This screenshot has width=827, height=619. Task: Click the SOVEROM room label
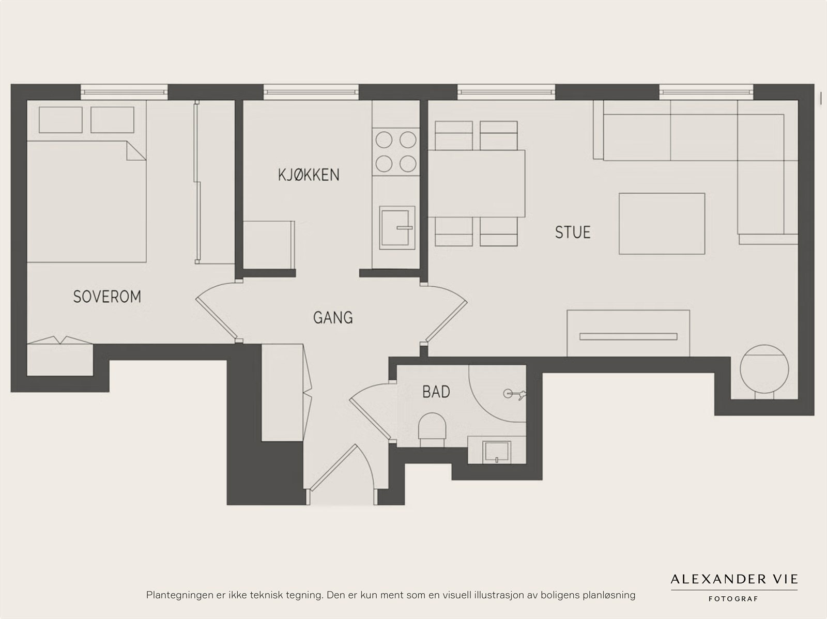pos(107,297)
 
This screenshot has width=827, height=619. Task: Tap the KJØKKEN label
pos(309,175)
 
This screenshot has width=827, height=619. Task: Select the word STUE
pos(572,233)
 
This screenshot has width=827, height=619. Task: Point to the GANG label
pos(333,317)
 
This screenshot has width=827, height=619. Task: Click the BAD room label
pos(436,392)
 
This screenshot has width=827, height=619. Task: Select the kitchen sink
pos(397,227)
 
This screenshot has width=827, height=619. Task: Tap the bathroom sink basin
pos(497,452)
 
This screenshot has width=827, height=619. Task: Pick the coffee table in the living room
pos(662,224)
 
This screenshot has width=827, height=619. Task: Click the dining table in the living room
pos(477,183)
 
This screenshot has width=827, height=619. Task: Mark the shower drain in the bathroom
pos(508,394)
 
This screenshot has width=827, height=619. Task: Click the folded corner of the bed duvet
pos(136,151)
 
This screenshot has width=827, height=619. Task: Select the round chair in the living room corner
pos(764,369)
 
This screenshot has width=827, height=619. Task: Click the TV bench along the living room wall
pos(628,333)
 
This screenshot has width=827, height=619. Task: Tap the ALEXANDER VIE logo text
pos(734,579)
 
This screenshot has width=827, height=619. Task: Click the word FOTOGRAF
pos(733,599)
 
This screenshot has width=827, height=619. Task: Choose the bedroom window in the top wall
pos(125,92)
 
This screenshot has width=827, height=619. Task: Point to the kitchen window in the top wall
pos(311,92)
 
